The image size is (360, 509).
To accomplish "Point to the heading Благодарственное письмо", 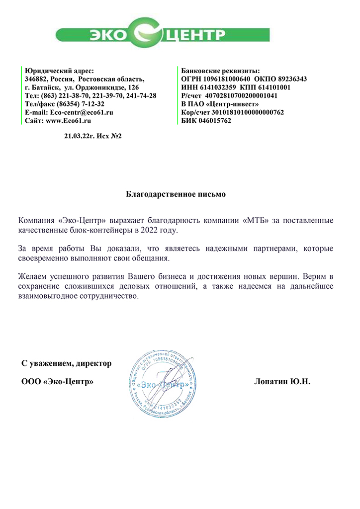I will click(x=176, y=194).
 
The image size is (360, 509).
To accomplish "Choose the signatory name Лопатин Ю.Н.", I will click(x=282, y=382).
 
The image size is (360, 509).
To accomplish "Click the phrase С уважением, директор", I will click(x=66, y=363).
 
